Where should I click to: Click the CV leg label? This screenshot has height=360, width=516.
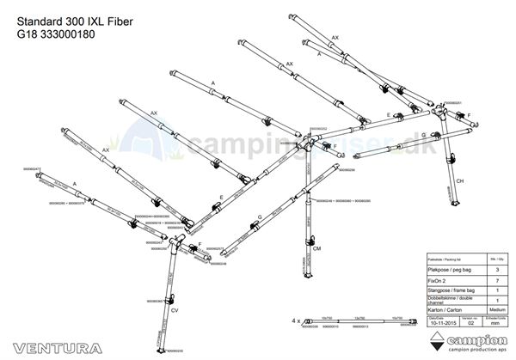pos(175,309)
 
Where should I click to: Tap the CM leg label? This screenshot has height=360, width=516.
pos(317,247)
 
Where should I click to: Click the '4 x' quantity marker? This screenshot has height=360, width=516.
pos(296,320)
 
